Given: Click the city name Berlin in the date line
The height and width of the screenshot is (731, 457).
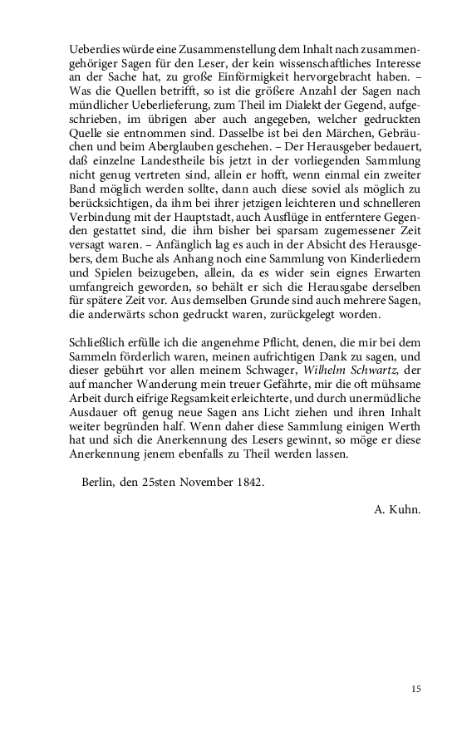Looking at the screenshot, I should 102,483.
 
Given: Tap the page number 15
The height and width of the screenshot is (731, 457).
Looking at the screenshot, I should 415,688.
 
